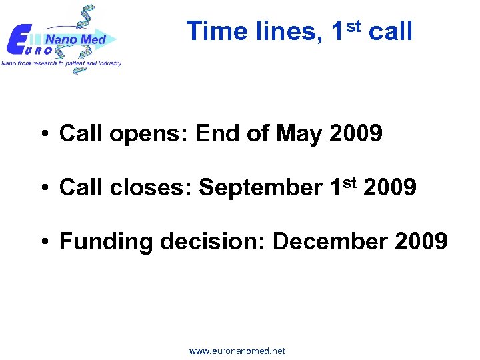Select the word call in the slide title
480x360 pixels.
tap(390, 31)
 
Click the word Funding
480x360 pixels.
tap(106, 241)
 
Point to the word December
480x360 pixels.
tap(331, 241)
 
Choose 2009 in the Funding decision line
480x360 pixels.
tap(421, 241)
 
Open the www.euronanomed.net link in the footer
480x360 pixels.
tap(237, 351)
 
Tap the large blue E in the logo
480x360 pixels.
tap(18, 40)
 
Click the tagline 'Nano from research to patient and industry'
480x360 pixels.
tap(61, 63)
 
